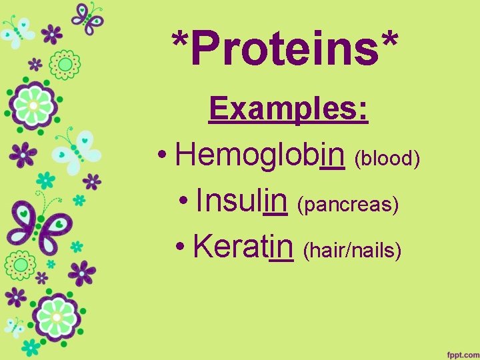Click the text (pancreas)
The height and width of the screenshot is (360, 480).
click(x=349, y=205)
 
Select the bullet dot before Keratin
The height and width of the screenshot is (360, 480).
click(x=181, y=249)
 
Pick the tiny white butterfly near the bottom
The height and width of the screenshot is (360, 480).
click(x=15, y=326)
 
